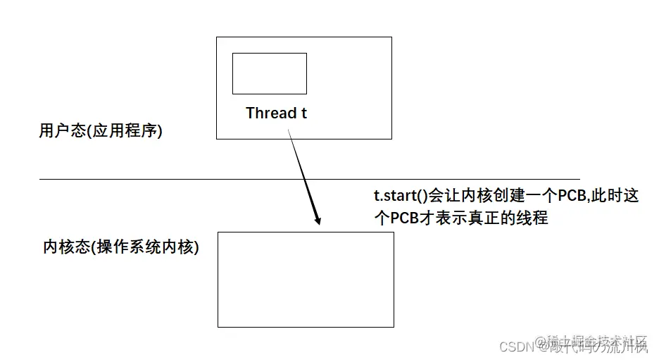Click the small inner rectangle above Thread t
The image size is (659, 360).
[269, 73]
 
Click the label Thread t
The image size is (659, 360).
[276, 113]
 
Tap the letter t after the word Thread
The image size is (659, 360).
[304, 113]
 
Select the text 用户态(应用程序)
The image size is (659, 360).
[101, 132]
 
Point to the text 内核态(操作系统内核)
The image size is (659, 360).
[121, 248]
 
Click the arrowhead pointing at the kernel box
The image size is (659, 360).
[318, 219]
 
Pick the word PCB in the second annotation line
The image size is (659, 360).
[405, 218]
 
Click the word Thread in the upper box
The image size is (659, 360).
[270, 113]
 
